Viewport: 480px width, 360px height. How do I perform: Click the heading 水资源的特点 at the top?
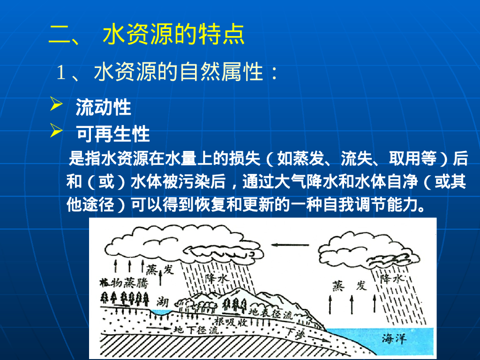click(173, 35)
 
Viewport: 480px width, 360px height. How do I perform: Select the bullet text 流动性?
click(103, 108)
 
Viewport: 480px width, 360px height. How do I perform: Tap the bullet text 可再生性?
click(112, 135)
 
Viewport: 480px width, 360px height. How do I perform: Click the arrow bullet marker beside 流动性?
click(56, 105)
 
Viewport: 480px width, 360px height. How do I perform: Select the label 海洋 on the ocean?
click(393, 337)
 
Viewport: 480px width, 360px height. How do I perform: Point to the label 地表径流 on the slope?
click(270, 313)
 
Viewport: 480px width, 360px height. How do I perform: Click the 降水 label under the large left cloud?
click(217, 278)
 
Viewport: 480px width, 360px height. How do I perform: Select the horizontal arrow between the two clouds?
click(291, 244)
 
